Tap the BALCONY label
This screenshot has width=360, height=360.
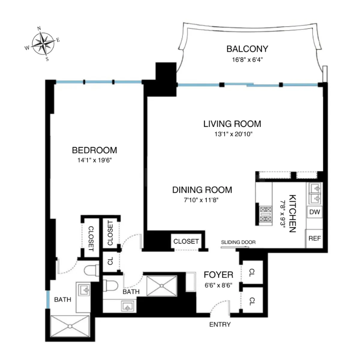coord(247,49)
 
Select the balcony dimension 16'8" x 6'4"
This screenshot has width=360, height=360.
coord(247,59)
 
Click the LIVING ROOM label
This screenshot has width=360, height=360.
coord(232,124)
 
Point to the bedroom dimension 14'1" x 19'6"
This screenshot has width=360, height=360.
coord(94,160)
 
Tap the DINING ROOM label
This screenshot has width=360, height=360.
coord(202,190)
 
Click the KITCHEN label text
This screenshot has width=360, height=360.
coord(292,213)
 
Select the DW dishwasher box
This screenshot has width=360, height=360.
coord(314,212)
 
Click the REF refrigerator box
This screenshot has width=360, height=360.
coord(314,238)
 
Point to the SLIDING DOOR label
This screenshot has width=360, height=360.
coord(238,242)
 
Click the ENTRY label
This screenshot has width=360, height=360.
coord(220,324)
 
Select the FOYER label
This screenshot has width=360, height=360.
coord(218,274)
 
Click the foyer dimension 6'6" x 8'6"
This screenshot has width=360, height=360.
coord(218,285)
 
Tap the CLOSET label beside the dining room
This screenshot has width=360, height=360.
coord(186,241)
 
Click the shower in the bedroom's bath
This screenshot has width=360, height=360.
coord(70,326)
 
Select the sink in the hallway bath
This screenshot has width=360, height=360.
coord(128,307)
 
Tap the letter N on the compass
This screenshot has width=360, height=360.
coord(39,28)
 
